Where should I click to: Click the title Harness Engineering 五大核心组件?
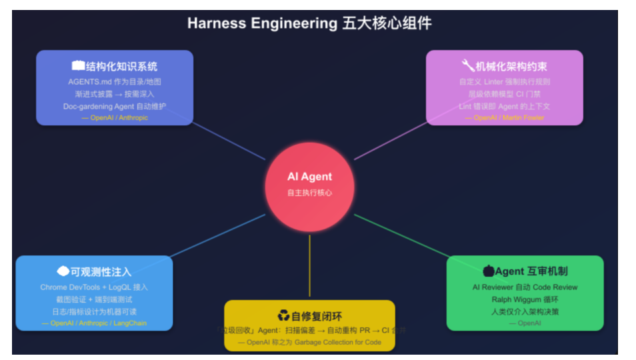pos(309,23)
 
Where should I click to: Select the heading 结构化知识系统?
pos(121,66)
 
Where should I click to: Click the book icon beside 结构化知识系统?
pos(78,66)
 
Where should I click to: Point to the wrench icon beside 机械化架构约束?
pos(467,65)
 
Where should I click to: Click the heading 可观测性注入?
pos(101,271)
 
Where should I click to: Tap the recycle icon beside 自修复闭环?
pos(283,315)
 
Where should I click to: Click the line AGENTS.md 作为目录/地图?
pos(115,81)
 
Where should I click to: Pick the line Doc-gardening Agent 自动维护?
pos(115,106)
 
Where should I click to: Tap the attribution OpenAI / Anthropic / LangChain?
pos(94,323)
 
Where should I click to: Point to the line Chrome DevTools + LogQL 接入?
pos(94,287)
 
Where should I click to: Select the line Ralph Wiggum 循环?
pos(525,299)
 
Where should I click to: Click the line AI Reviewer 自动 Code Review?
pos(525,287)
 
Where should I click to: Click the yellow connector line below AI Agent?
pos(309,267)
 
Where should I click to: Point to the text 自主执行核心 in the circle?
pos(309,193)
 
